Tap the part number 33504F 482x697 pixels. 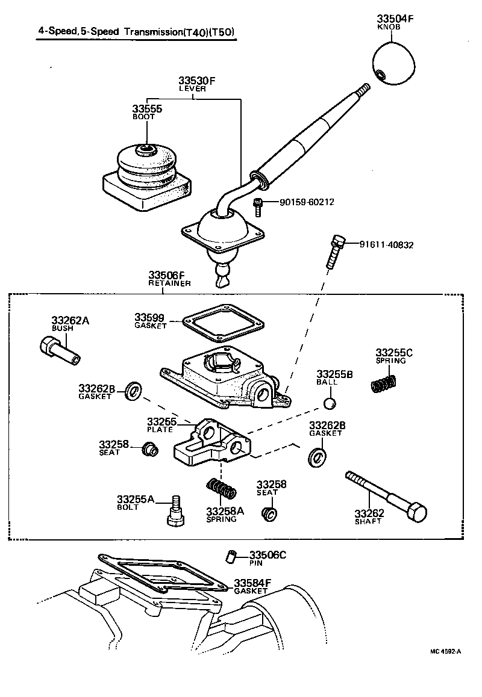395,19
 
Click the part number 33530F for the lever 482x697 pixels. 196,80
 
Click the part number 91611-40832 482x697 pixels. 386,245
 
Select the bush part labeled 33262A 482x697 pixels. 59,350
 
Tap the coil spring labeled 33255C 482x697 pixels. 383,383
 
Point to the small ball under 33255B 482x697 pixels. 329,403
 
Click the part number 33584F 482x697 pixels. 252,583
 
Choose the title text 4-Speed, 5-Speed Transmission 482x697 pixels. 136,34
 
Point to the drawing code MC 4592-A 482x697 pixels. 445,651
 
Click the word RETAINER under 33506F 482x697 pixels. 170,283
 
